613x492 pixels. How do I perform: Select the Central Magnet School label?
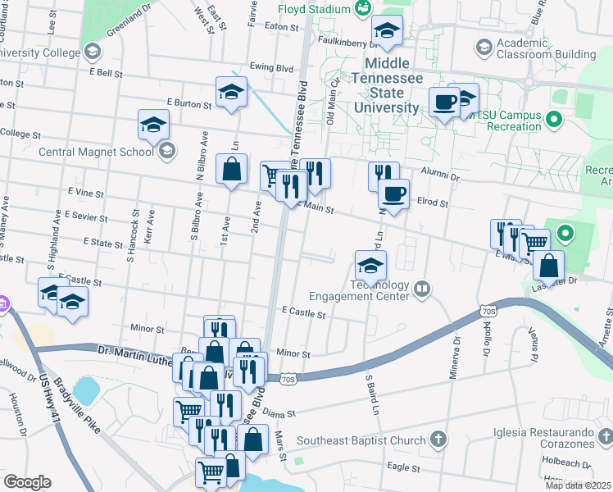pos(97,151)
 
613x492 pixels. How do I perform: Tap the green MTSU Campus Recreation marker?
pos(554,121)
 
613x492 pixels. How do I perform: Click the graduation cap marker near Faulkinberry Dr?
pos(387,32)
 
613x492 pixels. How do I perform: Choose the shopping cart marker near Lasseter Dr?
pos(535,242)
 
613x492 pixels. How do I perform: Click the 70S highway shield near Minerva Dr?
pos(488,312)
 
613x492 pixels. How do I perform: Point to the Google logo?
pos(28,482)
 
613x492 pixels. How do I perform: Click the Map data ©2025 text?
pos(578,485)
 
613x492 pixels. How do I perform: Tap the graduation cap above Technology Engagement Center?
pos(370,266)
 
